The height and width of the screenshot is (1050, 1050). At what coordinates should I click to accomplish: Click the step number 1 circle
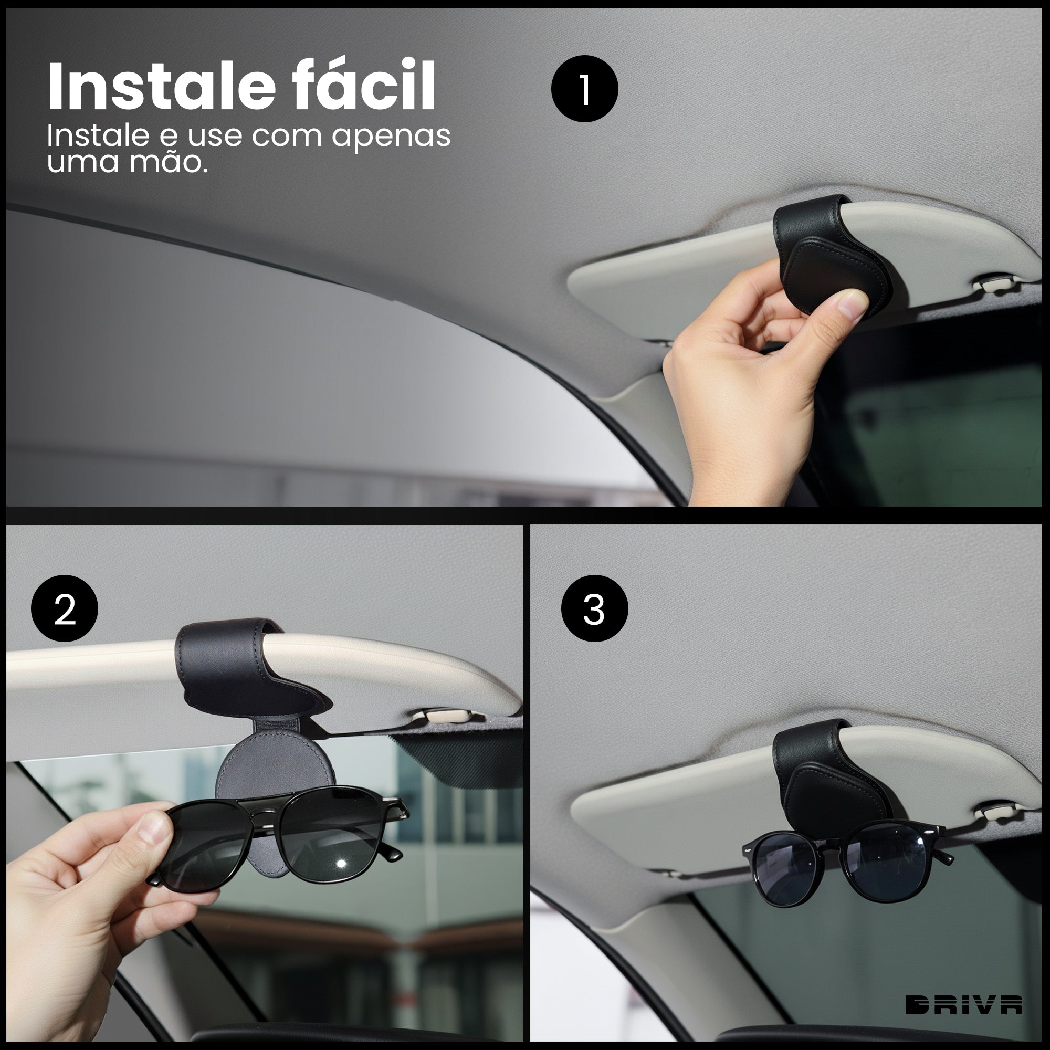[584, 89]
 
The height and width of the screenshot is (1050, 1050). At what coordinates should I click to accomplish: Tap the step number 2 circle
[65, 608]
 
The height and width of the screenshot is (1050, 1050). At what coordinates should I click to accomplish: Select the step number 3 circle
[594, 608]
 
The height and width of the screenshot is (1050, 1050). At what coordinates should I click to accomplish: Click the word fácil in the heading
[363, 86]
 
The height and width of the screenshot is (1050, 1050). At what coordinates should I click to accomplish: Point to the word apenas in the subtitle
[391, 136]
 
